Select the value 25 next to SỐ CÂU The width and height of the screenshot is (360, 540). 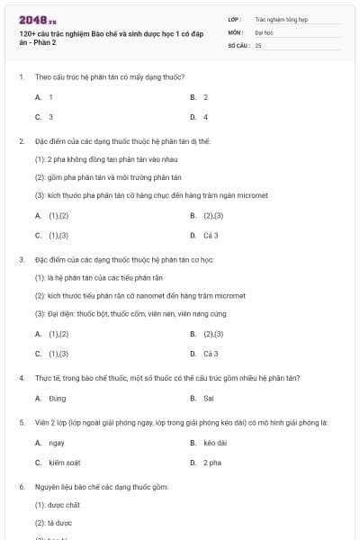(x=258, y=44)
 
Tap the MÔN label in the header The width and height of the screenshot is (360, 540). (x=236, y=31)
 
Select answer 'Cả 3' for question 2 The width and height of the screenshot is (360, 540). (x=210, y=236)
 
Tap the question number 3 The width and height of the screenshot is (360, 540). (x=21, y=259)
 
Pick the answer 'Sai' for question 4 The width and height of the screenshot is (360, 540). (x=208, y=398)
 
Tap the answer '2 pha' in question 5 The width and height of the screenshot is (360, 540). (x=211, y=463)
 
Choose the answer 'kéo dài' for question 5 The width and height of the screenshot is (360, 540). (x=214, y=443)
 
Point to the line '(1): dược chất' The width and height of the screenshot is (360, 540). (x=56, y=505)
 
